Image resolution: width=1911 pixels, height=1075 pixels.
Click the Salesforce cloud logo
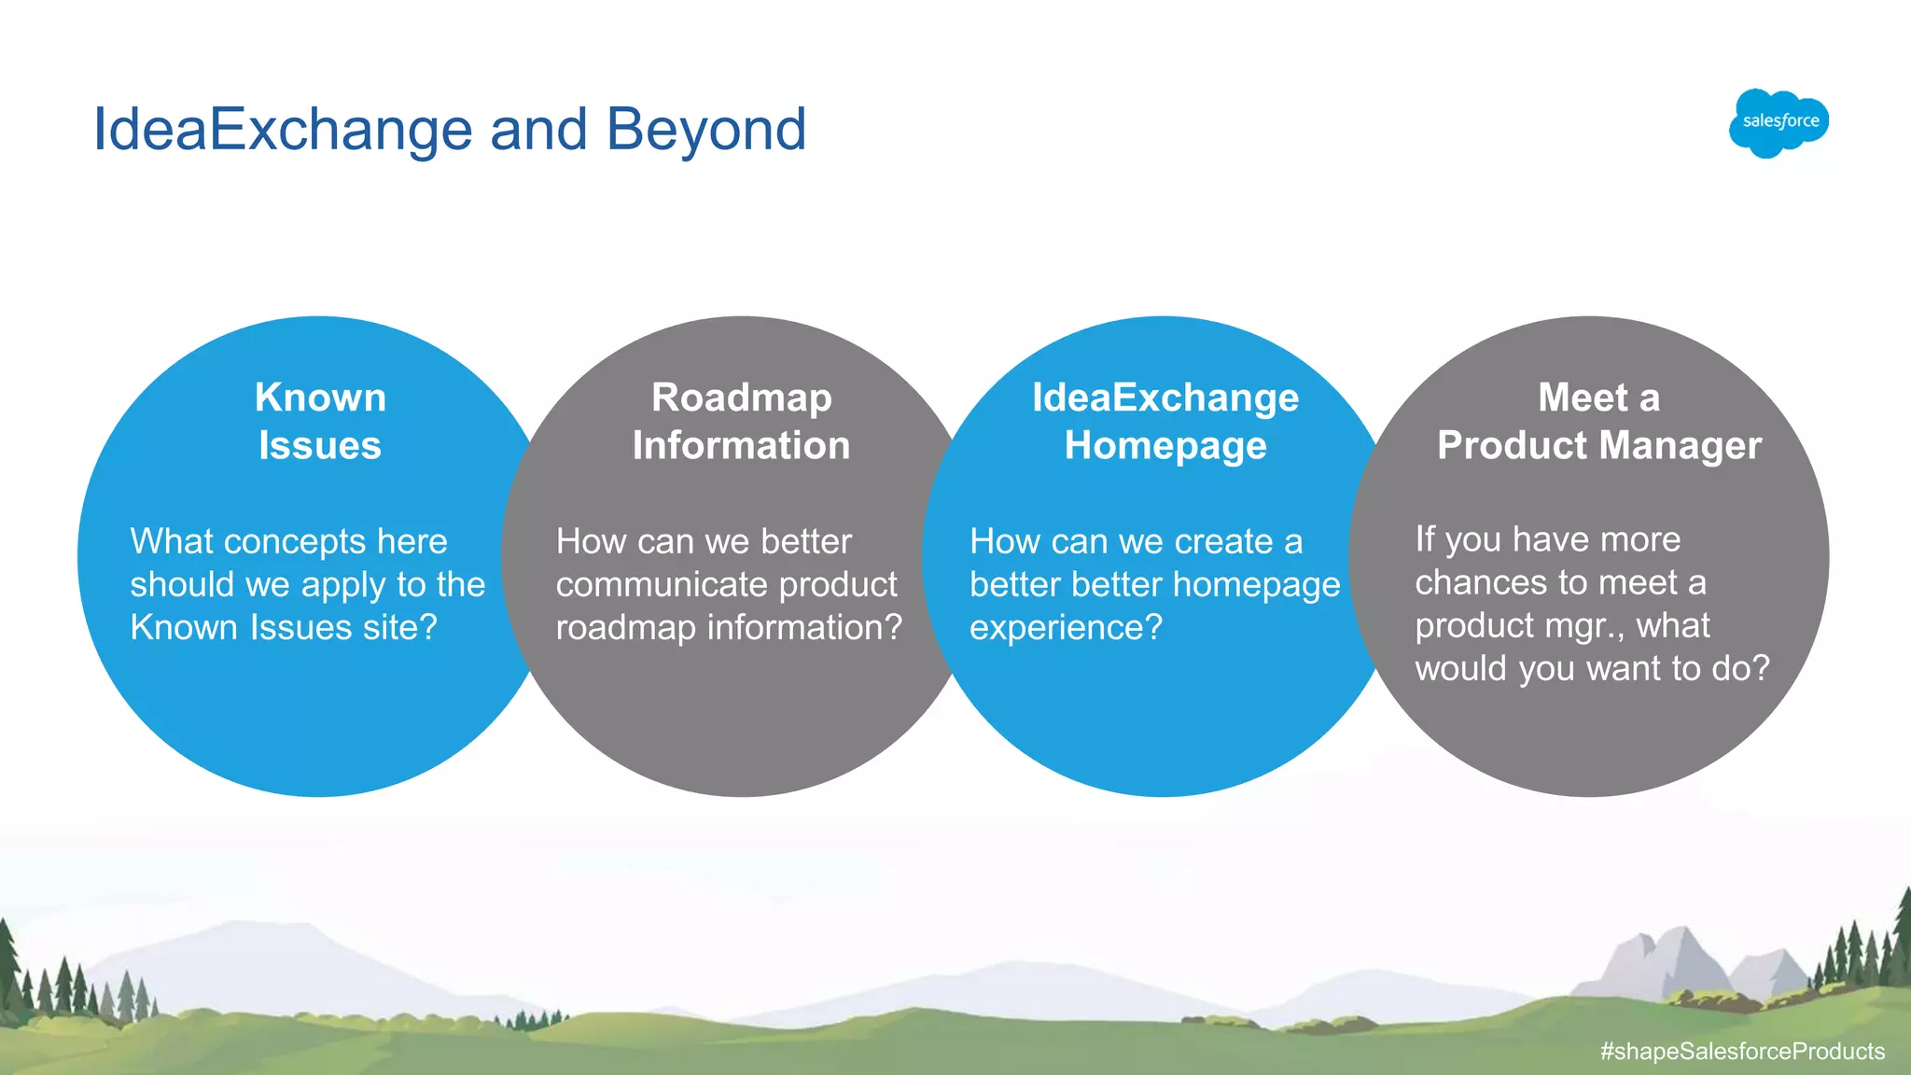click(x=1778, y=122)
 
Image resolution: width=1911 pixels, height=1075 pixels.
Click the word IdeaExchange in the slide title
click(x=283, y=129)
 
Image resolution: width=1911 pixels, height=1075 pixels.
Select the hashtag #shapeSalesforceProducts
click(x=1742, y=1051)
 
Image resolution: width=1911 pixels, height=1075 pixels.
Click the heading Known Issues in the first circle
click(x=320, y=421)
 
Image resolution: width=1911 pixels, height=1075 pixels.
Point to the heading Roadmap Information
click(x=741, y=421)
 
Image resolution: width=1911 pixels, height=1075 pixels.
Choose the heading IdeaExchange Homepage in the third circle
click(x=1165, y=421)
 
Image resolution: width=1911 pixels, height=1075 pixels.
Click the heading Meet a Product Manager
click(x=1598, y=421)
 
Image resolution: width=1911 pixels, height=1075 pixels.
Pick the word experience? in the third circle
click(x=1066, y=628)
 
